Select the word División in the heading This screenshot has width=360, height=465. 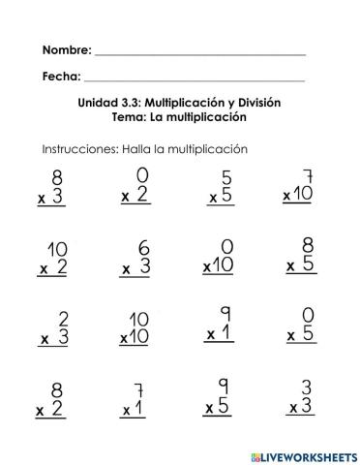coord(260,103)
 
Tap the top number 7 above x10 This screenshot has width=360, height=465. coord(310,177)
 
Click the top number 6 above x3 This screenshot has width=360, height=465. coord(143,249)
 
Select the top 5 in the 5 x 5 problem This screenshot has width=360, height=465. coord(226,178)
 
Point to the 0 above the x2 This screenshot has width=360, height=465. coord(142,175)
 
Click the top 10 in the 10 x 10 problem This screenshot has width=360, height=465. coord(139,320)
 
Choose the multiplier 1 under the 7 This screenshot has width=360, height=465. coord(137,410)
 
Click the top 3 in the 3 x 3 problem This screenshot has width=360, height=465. coord(307,388)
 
